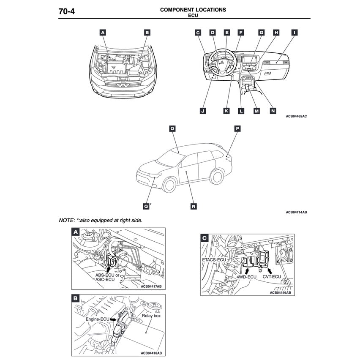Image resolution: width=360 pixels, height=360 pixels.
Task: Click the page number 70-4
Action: [66, 11]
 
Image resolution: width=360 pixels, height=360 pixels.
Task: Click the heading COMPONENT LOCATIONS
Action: [193, 9]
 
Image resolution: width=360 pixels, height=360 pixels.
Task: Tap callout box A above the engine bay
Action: [103, 32]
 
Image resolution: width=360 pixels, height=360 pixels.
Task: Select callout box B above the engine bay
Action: [147, 32]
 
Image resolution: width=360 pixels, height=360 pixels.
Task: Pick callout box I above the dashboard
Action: [294, 32]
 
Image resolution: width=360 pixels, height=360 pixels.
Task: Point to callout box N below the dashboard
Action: [273, 111]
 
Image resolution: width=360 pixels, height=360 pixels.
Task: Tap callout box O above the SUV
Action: [172, 128]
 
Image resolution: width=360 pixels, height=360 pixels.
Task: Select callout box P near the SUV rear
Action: [237, 128]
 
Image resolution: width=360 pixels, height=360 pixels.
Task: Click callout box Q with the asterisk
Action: [146, 206]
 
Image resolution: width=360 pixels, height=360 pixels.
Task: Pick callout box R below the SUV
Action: [193, 207]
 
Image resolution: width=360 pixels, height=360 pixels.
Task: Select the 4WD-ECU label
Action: [246, 277]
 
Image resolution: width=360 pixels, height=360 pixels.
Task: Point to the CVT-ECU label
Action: [272, 277]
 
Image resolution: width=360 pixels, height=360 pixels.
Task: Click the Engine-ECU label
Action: [98, 320]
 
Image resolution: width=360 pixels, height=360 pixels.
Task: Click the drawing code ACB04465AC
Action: [296, 116]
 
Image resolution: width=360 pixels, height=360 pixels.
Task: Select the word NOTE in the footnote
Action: [66, 220]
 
